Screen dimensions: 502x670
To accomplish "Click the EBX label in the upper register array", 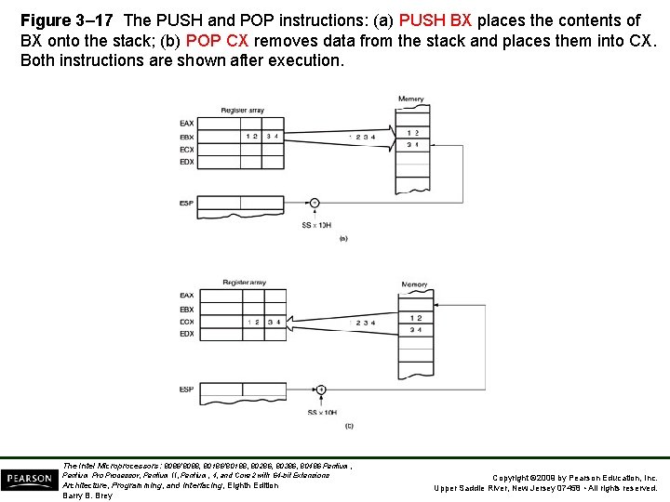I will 187,137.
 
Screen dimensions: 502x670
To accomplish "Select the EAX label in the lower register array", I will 187,296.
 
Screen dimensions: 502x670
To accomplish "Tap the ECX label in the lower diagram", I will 187,322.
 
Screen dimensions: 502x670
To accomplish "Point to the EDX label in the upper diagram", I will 187,162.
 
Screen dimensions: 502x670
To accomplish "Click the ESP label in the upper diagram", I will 187,203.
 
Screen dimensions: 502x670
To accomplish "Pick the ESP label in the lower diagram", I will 187,390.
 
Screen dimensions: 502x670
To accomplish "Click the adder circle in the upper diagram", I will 315,203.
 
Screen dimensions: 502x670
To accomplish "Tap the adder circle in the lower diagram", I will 320,390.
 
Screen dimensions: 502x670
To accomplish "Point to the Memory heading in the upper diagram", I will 410,99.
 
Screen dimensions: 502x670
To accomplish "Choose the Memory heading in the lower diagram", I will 414,284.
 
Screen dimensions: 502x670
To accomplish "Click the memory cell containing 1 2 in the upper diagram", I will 413,133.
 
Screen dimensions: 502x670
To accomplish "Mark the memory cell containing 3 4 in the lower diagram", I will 415,330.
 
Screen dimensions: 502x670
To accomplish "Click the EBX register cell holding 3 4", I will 273,137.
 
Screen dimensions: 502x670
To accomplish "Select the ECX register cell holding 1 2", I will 252,322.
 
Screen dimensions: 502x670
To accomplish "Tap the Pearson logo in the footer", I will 28,480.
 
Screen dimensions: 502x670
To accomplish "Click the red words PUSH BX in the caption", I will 435,20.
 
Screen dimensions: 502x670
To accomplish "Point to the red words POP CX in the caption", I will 217,41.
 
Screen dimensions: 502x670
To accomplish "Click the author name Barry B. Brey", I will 87,495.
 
